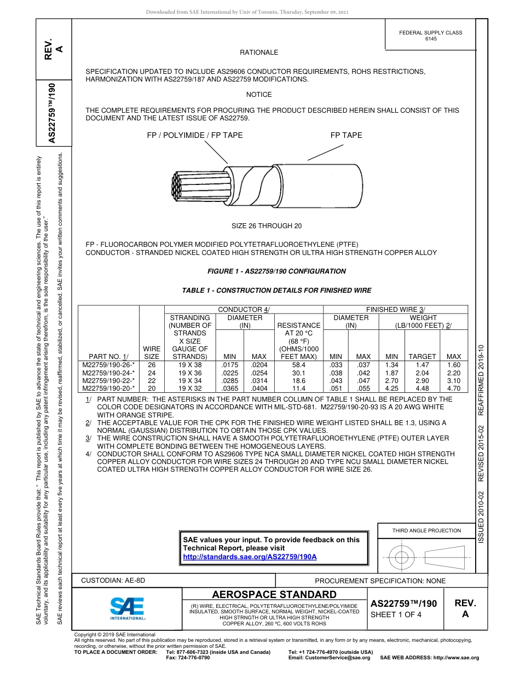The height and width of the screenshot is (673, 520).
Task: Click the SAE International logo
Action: coord(128,608)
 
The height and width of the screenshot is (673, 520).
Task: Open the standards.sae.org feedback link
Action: coord(250,556)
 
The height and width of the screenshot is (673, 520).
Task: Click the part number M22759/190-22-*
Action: coord(108,380)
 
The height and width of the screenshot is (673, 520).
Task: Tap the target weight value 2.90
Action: coord(423,380)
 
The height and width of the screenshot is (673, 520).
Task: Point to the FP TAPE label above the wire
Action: coord(346,135)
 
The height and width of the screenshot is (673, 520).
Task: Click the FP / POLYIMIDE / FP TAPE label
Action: coord(194,135)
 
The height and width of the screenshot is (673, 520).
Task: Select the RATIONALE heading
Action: coord(259,53)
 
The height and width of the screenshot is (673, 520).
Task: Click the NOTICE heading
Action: coord(259,95)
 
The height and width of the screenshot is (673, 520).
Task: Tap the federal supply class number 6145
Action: coord(431,39)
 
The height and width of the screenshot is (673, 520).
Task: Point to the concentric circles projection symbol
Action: coord(402,558)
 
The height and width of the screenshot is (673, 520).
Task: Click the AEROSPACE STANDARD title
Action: coord(274,595)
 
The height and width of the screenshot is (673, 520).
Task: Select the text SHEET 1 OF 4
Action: coord(396,614)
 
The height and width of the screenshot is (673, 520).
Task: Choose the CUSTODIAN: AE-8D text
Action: coord(113,581)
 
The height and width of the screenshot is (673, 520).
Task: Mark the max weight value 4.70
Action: coord(454,388)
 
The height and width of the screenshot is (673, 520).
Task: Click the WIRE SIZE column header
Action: coord(152,352)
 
